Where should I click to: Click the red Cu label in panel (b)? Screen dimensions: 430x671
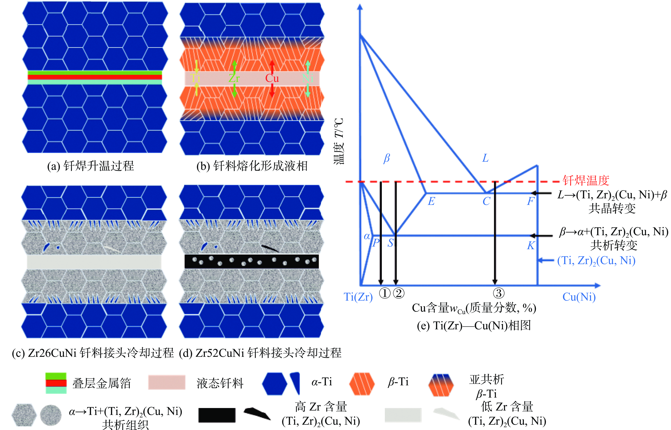tap(272, 78)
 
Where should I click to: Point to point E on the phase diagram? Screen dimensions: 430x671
tap(431, 201)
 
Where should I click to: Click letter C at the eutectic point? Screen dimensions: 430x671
tap(486, 201)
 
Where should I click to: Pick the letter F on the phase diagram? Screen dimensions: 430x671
tap(530, 201)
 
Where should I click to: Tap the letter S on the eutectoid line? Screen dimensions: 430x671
tap(390, 243)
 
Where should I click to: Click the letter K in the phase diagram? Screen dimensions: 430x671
tap(531, 246)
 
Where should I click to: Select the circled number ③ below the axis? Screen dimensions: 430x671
tap(498, 293)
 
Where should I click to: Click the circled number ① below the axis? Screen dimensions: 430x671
tap(384, 293)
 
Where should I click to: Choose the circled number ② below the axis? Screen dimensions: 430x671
tap(399, 293)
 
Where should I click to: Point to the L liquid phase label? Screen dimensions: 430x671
tap(485, 158)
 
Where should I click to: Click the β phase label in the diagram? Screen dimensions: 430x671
tap(387, 158)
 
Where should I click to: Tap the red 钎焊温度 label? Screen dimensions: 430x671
tap(586, 181)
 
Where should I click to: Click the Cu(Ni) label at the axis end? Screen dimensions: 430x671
tap(579, 297)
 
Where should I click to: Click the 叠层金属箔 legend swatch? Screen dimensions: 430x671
tap(56, 383)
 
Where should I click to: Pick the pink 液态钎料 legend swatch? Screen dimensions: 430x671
tap(167, 382)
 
